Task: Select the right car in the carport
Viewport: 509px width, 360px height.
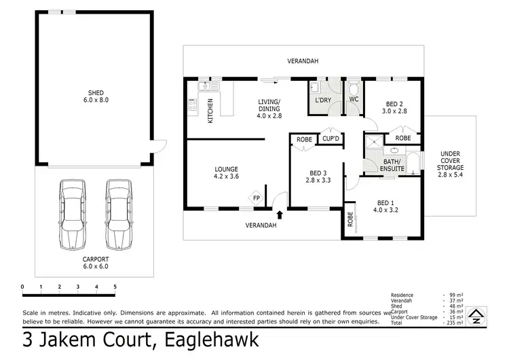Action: pos(118,215)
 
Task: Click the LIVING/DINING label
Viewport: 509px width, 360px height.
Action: pos(269,109)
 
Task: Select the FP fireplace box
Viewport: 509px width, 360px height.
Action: pos(257,199)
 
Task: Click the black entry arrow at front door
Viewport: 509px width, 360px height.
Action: pos(280,215)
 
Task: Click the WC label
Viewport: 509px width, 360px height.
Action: pos(354,101)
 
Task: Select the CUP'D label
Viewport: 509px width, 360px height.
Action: pos(331,139)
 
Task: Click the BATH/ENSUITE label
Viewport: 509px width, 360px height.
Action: pos(392,164)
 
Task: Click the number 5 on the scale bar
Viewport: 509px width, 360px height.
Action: pos(115,287)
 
